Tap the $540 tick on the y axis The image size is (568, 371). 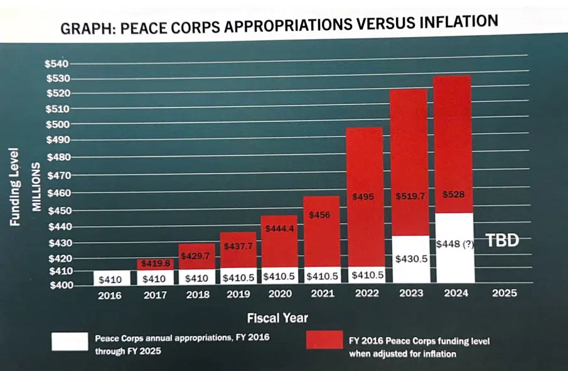tap(57, 64)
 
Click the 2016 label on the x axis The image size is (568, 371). tap(110, 295)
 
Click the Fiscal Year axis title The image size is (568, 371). tap(277, 318)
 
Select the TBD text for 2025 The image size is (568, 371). tap(503, 240)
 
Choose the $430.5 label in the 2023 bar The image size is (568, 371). tap(410, 258)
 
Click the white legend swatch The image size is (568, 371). tap(70, 341)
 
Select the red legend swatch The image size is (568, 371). tap(324, 340)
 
